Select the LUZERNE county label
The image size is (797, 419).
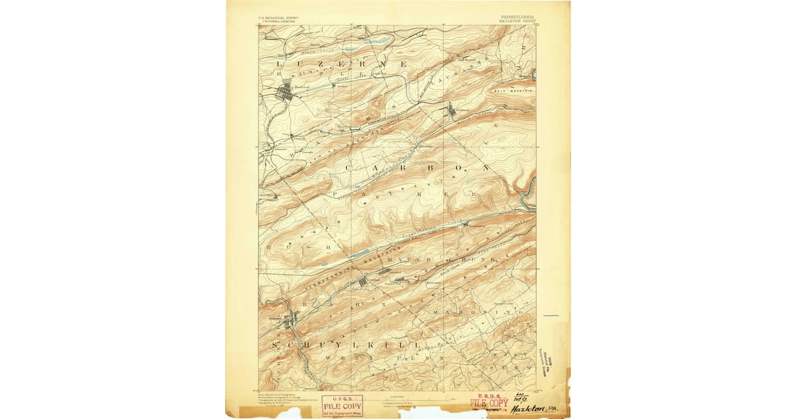341,64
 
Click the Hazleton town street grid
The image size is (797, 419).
287,92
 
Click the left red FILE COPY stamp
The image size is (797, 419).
342,405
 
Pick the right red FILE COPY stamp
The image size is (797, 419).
490,403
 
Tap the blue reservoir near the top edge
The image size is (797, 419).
353,49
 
